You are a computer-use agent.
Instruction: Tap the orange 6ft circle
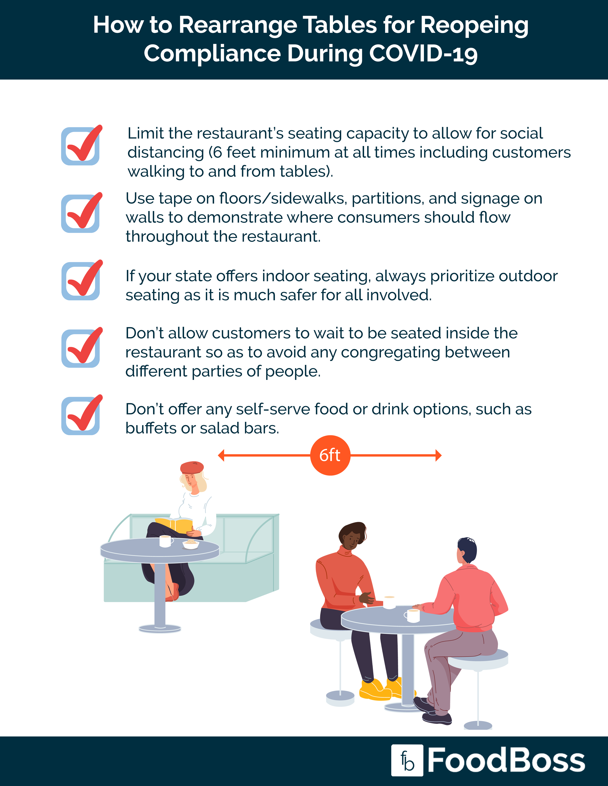pyautogui.click(x=330, y=455)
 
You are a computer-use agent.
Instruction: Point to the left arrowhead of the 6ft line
pyautogui.click(x=221, y=455)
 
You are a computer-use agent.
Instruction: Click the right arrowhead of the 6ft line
pyautogui.click(x=438, y=455)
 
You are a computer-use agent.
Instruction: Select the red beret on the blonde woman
pyautogui.click(x=192, y=467)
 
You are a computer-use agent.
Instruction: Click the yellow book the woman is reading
pyautogui.click(x=174, y=525)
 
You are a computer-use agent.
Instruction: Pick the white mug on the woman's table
pyautogui.click(x=165, y=541)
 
